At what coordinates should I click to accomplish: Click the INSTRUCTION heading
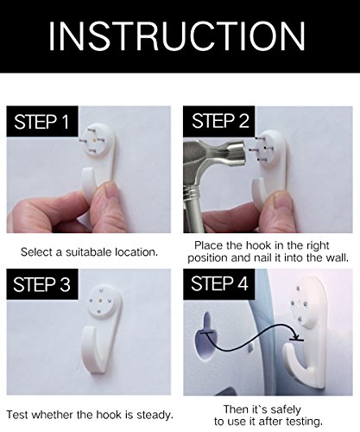click(177, 36)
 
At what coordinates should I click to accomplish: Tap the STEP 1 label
click(41, 122)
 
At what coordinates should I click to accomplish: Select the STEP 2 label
click(220, 120)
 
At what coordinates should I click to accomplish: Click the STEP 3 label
click(41, 284)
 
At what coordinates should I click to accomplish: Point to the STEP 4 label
click(219, 283)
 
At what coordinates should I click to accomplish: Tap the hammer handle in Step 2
click(193, 207)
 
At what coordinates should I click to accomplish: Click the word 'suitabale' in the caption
click(88, 252)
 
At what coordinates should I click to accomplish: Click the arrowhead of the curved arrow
click(296, 338)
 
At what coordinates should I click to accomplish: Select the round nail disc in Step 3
click(101, 302)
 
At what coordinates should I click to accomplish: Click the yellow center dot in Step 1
click(95, 140)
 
